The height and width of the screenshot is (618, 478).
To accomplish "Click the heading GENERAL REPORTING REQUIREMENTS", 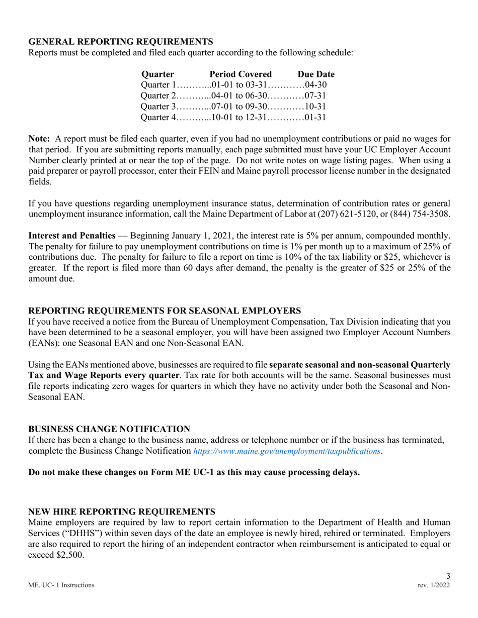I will (120, 41).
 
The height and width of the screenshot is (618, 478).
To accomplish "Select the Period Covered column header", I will (241, 74).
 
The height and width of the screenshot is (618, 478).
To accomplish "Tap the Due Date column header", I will (315, 74).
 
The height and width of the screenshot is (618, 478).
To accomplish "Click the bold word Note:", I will (39, 139).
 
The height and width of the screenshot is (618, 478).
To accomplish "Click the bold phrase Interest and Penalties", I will (72, 235).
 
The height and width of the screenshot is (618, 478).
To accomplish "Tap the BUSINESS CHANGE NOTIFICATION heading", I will (109, 429).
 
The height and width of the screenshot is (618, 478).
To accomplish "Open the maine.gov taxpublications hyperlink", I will (286, 451).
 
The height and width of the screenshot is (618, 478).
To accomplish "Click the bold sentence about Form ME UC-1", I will (194, 472).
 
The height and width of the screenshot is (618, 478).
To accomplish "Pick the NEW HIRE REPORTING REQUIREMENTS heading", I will (122, 511).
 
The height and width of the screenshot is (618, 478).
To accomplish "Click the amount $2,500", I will (69, 555).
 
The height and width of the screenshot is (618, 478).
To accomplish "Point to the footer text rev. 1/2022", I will (434, 585).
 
